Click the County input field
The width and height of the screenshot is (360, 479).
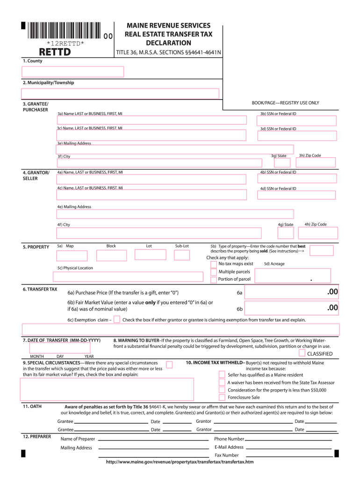[72, 72]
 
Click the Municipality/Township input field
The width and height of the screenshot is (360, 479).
[120, 94]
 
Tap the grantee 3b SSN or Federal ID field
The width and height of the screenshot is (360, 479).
[298, 121]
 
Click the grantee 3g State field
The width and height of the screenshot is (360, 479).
[282, 163]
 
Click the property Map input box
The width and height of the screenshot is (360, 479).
[72, 255]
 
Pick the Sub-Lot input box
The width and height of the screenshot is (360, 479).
[182, 255]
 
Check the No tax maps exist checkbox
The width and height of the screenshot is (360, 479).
[214, 264]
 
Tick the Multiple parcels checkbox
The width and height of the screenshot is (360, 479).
[214, 272]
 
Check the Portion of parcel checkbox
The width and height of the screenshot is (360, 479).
[214, 280]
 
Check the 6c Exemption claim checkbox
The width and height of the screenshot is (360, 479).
[117, 319]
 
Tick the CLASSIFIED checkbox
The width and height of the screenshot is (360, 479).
[302, 353]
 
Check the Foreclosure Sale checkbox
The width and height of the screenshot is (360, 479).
[222, 397]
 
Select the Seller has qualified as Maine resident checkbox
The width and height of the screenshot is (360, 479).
[222, 374]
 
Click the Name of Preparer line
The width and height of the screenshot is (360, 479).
[153, 440]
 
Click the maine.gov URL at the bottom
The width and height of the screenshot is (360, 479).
[180, 462]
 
